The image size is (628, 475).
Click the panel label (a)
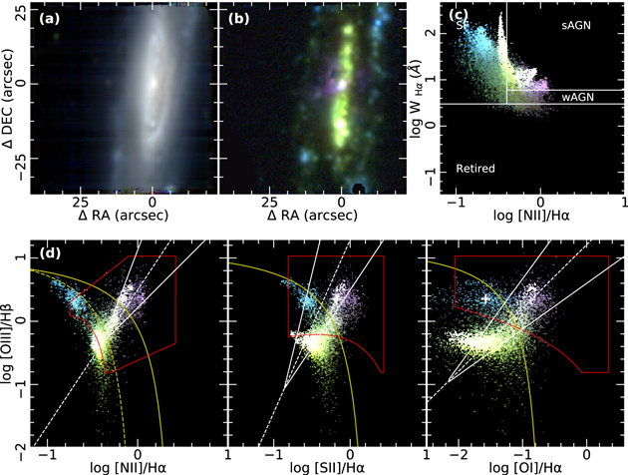pyautogui.click(x=51, y=17)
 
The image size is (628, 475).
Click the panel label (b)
pyautogui.click(x=242, y=17)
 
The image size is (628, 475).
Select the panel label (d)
pyautogui.click(x=52, y=252)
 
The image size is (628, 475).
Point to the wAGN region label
pyautogui.click(x=575, y=97)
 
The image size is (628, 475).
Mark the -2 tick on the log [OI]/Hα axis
pyautogui.click(x=457, y=455)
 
